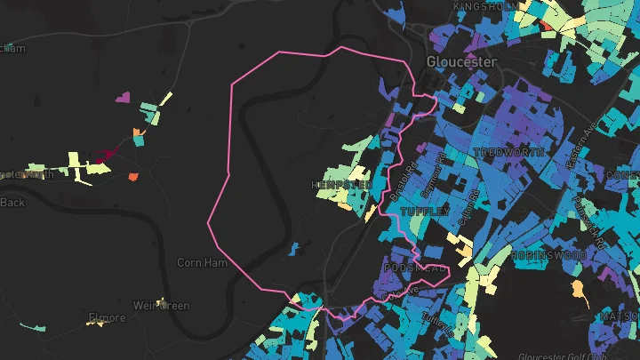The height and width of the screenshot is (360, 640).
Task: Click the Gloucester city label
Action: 460,62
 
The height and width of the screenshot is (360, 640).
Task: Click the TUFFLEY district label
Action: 420,212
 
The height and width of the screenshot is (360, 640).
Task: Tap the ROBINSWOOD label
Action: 548,255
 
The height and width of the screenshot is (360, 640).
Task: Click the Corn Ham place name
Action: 202,262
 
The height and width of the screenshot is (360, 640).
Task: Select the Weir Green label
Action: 161,306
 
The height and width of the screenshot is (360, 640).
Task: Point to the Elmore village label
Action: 107,317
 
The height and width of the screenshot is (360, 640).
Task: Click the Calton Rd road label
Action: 468,205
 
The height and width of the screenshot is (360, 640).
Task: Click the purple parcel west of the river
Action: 123,97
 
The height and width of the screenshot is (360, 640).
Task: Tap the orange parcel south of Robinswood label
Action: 579,288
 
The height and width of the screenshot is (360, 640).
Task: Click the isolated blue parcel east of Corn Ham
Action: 293,249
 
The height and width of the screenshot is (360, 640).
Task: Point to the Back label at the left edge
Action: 12,202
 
